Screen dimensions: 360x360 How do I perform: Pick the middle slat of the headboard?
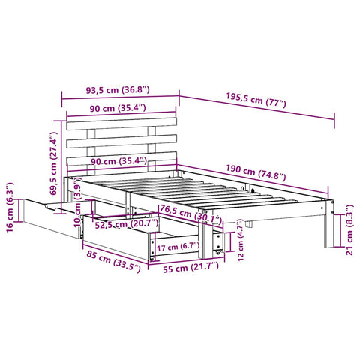point(121,139)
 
